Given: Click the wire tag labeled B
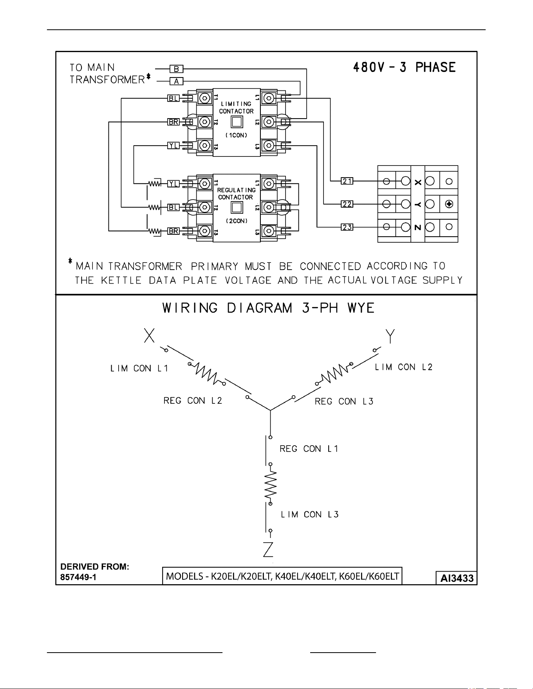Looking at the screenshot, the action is (176, 69).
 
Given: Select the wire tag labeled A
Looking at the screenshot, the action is (176, 81).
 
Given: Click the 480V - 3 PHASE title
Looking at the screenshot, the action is (405, 67).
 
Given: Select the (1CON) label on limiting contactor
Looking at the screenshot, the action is (236, 135).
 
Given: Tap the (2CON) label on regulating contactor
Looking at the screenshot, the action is (236, 221).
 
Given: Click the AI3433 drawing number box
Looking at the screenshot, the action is (457, 578).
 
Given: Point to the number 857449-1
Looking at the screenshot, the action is (78, 577).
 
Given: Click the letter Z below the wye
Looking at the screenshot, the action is (268, 550).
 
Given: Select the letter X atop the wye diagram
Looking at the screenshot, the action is (149, 335).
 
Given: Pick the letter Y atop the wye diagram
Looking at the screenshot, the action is (390, 336).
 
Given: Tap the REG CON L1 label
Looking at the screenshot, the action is (309, 449).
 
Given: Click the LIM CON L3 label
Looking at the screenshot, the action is (310, 515).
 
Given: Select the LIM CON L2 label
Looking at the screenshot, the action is (404, 367).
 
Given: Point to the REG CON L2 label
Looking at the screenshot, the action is (193, 401).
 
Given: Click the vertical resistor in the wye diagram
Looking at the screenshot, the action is (271, 484).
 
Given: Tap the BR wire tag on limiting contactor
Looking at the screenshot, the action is (173, 122).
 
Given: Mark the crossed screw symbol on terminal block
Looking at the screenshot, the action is (449, 204).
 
